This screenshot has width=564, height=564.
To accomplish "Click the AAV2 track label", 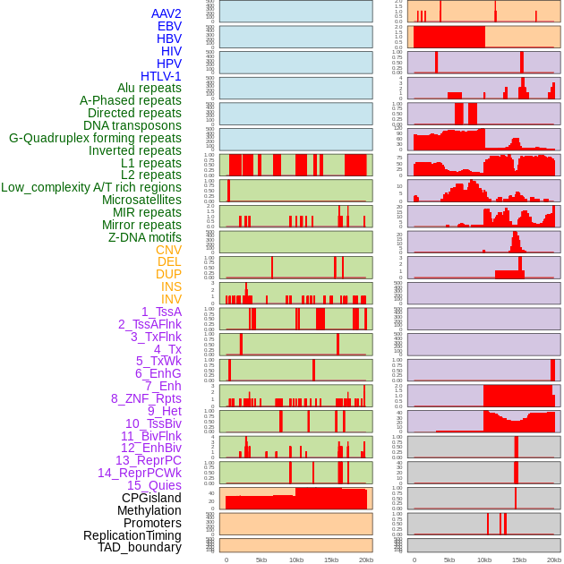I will (x=167, y=13).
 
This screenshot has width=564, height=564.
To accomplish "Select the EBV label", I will (x=169, y=26).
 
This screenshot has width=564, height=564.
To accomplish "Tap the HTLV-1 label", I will (x=161, y=76).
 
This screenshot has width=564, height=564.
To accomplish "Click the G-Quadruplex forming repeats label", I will (x=95, y=138).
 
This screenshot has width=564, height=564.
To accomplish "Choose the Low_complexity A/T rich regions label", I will (x=91, y=187).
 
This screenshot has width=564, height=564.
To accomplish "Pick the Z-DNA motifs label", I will (x=145, y=237).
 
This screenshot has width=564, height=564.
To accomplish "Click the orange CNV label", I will (x=168, y=250).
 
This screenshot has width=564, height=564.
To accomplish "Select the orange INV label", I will (x=171, y=299).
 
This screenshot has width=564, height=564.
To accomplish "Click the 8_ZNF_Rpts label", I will (x=146, y=398).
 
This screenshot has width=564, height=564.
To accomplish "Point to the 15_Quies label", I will (x=154, y=485).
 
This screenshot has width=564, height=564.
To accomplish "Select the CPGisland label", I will (x=151, y=498).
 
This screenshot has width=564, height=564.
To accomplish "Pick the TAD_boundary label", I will (x=140, y=547).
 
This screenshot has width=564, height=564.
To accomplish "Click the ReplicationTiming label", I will (x=132, y=535).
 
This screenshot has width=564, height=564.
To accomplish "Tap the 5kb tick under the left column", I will (x=261, y=560).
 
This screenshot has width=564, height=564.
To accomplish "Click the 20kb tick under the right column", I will (x=554, y=560).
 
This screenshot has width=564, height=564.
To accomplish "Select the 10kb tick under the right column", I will (x=484, y=560).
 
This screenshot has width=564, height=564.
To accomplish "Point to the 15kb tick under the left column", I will (x=331, y=560).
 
